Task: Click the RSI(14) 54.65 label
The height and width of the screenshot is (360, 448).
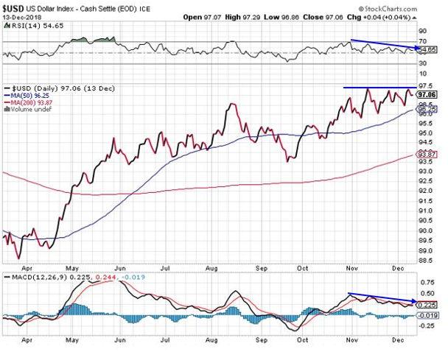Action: pyautogui.click(x=30, y=25)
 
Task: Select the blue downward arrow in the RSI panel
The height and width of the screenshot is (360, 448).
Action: pyautogui.click(x=383, y=45)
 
